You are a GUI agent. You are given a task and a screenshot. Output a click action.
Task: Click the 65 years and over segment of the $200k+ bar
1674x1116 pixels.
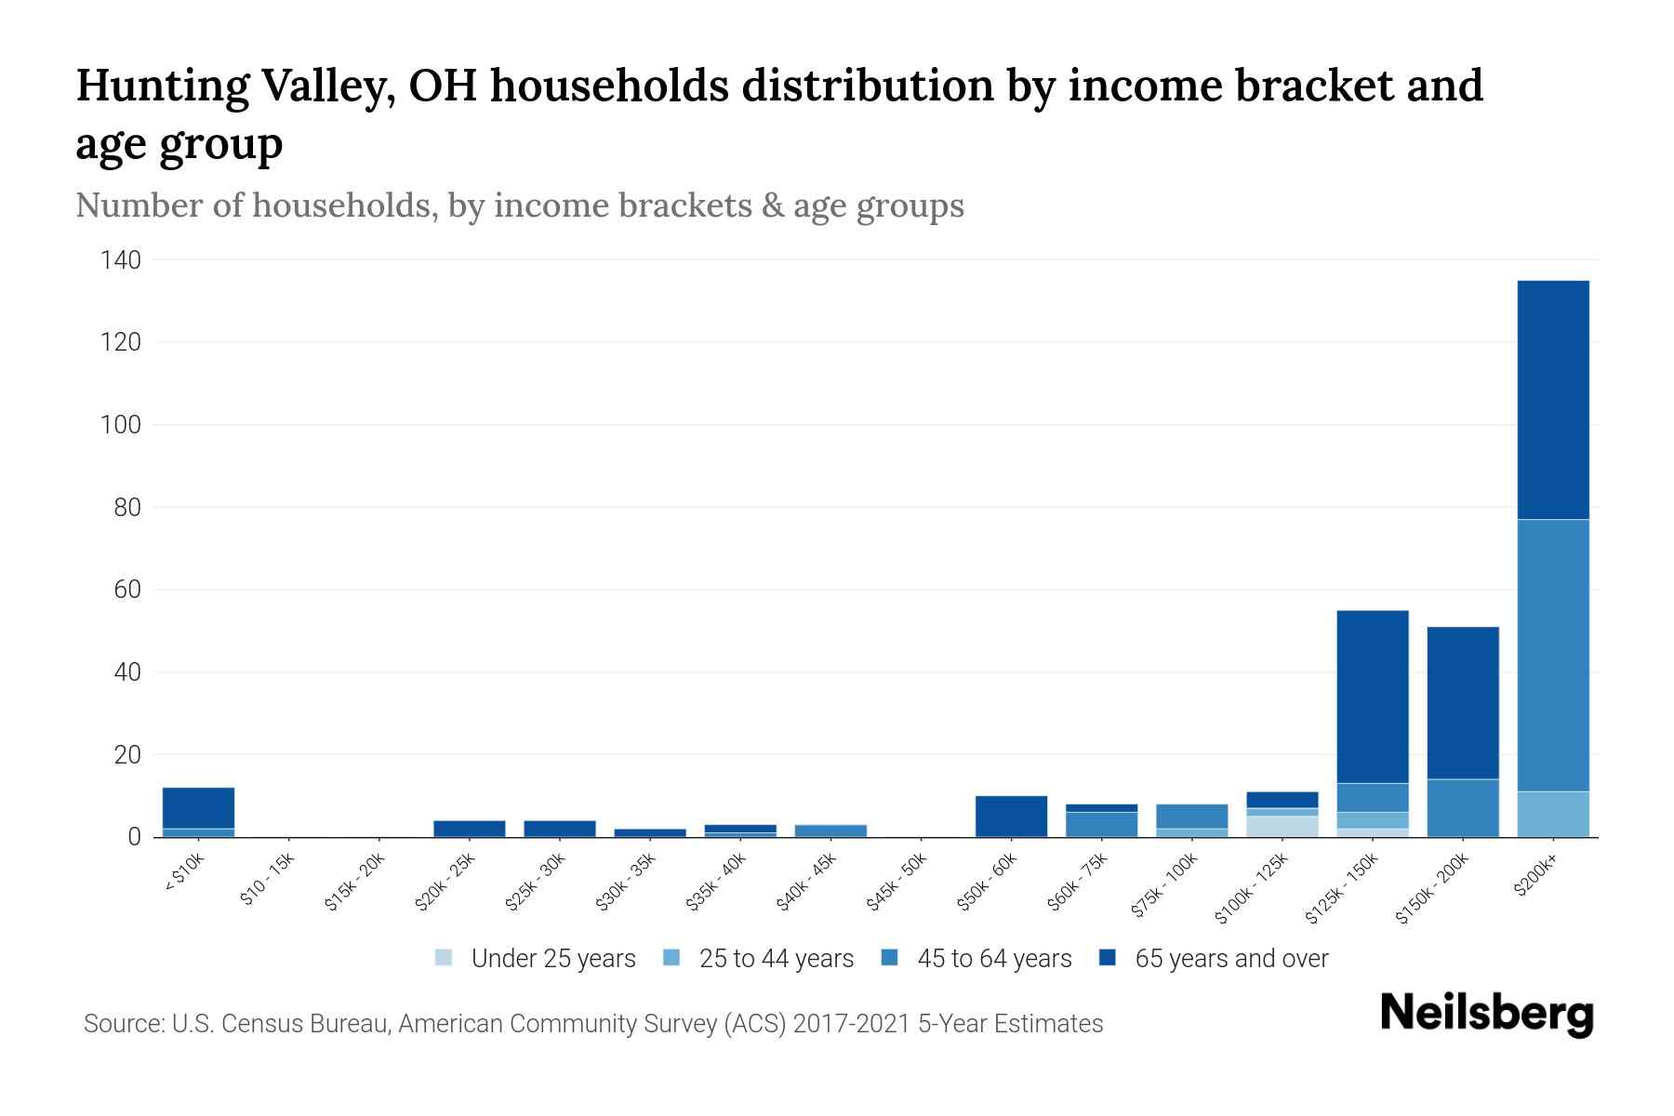1552,400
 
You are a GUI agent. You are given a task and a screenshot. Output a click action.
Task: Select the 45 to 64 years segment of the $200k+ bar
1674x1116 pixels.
1552,656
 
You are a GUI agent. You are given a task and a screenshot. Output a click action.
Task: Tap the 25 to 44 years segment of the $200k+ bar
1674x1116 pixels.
1552,814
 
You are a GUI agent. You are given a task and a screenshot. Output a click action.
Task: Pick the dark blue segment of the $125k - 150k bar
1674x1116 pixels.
1372,697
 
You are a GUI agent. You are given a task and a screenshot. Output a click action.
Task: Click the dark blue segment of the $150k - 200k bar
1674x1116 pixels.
1462,703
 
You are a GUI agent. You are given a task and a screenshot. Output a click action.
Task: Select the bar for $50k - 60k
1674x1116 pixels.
1011,817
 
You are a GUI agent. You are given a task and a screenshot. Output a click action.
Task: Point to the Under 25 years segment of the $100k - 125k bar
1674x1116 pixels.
1282,827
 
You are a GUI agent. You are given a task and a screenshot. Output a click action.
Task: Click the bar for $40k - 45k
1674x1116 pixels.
830,830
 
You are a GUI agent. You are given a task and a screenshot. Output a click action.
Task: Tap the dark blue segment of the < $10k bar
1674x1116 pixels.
198,807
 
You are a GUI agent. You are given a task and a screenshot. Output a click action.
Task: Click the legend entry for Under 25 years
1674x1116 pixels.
535,958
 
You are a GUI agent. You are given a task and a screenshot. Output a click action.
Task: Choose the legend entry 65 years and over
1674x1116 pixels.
1214,958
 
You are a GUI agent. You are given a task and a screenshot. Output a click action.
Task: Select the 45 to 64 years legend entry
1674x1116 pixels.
976,958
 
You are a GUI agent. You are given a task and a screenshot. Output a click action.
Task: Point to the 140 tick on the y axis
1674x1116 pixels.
121,260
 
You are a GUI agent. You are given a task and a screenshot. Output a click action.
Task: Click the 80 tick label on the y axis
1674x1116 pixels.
126,508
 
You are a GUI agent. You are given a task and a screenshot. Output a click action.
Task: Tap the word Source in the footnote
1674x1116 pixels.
122,1024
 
